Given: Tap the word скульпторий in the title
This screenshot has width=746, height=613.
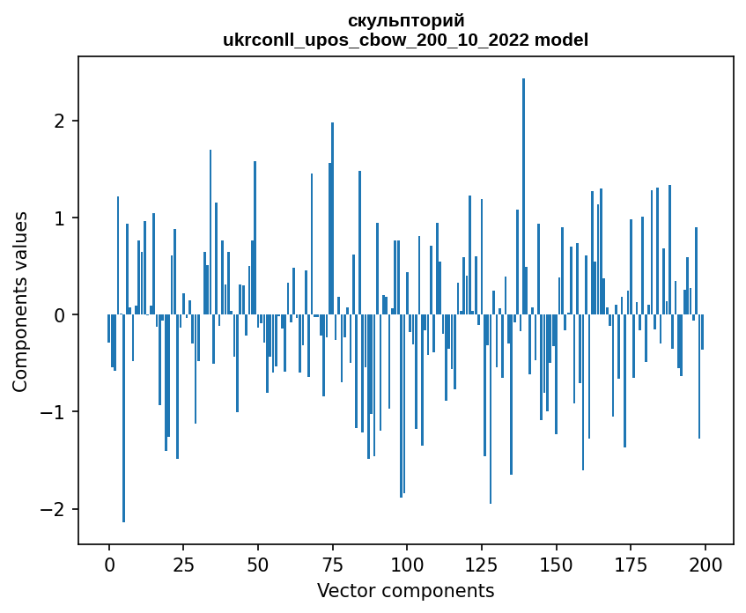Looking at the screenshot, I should pos(406,20).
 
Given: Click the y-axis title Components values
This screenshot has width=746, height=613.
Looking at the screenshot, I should pos(19,301).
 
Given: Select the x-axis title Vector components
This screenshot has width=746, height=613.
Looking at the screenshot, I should pos(405,590).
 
